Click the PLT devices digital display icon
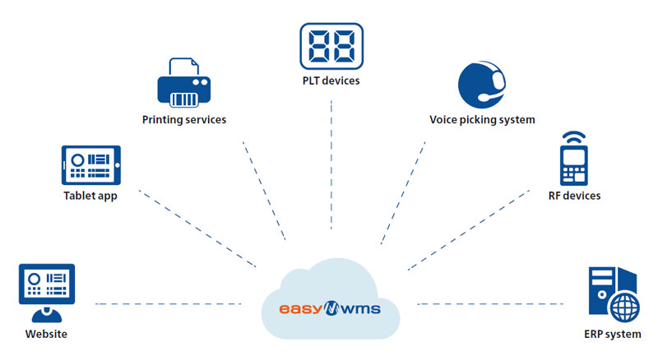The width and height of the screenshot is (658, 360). point(331,45)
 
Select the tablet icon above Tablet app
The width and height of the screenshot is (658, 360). point(91,165)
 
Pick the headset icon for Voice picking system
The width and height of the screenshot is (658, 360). point(481,85)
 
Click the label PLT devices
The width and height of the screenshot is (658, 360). point(331,81)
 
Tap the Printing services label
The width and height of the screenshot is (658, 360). point(184,120)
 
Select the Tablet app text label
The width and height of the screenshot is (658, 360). point(90,196)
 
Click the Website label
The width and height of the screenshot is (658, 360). point(46,335)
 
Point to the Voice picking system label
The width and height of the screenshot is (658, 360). point(482,120)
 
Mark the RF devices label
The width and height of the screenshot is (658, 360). point(574,196)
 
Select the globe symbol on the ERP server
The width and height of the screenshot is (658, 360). point(624,310)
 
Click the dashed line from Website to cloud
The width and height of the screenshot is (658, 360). point(169,304)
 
